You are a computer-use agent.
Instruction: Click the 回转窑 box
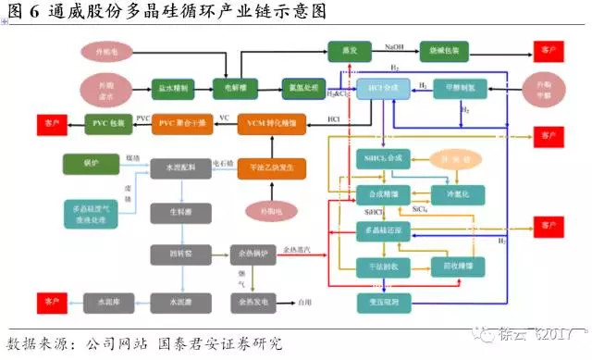point(173,251)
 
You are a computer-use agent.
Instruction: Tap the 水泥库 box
point(105,301)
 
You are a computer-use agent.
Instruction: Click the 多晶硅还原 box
point(382,229)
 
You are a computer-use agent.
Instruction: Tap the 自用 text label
point(304,301)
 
